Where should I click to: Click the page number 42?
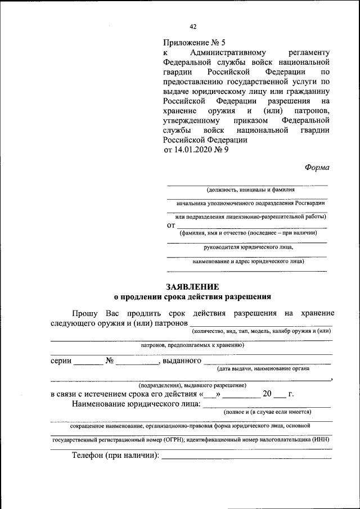pos(193,26)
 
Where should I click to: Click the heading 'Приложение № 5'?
pos(193,42)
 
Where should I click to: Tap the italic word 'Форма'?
pos(317,167)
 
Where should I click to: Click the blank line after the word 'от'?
pos(251,226)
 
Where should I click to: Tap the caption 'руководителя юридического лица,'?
pos(248,246)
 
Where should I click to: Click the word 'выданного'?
pos(182,361)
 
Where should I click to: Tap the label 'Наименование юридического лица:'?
pos(136,403)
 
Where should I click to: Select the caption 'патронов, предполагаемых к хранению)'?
pos(192,345)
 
